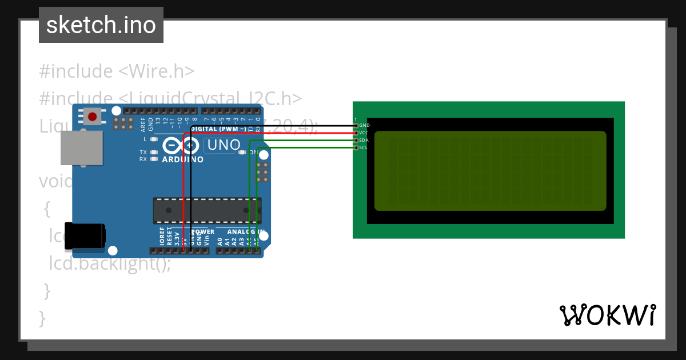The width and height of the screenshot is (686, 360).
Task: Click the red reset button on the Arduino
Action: tap(92, 117)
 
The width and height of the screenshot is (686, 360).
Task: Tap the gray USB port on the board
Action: tap(82, 148)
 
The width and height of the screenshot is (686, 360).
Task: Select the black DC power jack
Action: tap(84, 236)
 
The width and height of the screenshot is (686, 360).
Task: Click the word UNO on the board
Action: tap(224, 145)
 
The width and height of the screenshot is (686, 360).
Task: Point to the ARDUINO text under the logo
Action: tap(182, 159)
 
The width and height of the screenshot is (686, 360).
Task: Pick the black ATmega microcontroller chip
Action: tap(207, 210)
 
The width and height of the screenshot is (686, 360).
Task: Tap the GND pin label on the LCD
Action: tap(364, 125)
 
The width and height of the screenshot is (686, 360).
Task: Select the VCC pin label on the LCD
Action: tap(364, 133)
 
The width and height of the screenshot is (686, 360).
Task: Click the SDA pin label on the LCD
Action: tap(364, 140)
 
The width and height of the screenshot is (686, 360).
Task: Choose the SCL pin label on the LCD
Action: tap(364, 147)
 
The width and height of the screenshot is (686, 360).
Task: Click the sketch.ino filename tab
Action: tap(101, 25)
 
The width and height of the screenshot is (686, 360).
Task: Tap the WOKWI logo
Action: tap(607, 315)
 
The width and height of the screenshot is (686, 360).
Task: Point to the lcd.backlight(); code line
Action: tap(110, 263)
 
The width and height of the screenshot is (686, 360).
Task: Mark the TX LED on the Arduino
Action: tap(153, 153)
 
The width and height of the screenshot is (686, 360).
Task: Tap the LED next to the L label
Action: tap(153, 139)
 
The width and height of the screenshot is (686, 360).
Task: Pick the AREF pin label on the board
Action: tap(143, 122)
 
